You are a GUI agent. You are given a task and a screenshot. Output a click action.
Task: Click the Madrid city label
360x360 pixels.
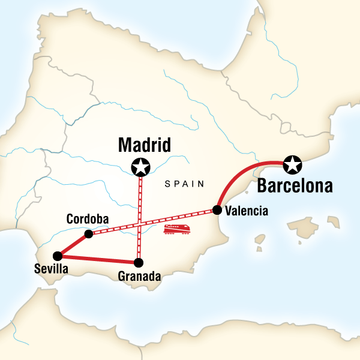point(145,145)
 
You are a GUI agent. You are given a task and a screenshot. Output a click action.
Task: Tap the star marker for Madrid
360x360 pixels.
point(140,166)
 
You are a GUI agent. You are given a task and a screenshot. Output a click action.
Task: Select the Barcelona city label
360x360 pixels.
point(294,185)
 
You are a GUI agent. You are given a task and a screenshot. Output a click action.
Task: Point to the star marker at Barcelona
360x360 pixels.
point(292,163)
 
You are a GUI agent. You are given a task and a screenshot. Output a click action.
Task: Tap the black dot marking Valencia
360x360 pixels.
point(217,210)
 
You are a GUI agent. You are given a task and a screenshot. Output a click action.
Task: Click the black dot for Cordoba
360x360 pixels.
point(89,233)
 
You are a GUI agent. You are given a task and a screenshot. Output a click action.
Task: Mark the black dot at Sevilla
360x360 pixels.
point(56,255)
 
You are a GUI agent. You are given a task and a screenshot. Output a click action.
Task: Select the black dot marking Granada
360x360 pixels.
point(139,262)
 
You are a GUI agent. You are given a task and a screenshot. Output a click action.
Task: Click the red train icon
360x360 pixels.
point(178,229)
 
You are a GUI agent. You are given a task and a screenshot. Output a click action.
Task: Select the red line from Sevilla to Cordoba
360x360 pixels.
point(73,244)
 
